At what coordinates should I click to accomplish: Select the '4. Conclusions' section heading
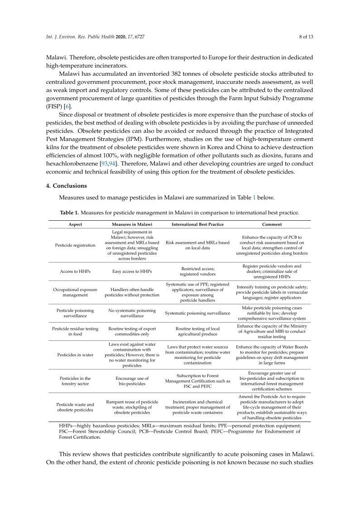point(71,186)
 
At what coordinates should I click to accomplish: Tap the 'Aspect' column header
point(75,224)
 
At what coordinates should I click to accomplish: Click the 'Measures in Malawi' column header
point(132,224)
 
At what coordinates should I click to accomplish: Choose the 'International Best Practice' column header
point(197,224)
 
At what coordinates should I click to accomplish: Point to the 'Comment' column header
point(272,224)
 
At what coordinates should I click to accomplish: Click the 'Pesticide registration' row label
point(75,245)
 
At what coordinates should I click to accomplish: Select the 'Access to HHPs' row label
point(75,272)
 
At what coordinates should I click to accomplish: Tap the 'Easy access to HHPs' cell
point(132,272)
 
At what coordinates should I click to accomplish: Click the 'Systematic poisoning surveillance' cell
point(197,313)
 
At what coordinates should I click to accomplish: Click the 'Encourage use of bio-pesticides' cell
point(132,381)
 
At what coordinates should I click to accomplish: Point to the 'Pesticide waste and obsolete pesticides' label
point(75,407)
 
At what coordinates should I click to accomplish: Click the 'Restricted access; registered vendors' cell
point(197,272)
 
